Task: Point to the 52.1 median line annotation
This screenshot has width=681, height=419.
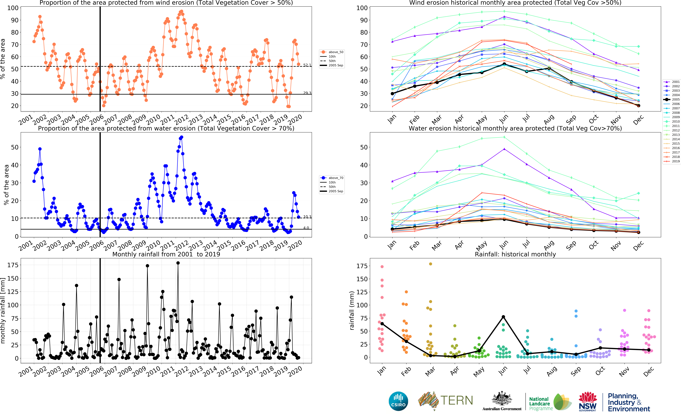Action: tap(307, 65)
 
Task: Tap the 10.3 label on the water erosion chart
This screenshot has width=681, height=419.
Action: tap(307, 217)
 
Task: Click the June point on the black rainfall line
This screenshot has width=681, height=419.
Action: tap(503, 317)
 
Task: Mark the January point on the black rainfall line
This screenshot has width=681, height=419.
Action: tap(382, 324)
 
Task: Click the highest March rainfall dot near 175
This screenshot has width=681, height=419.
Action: tap(430, 264)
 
